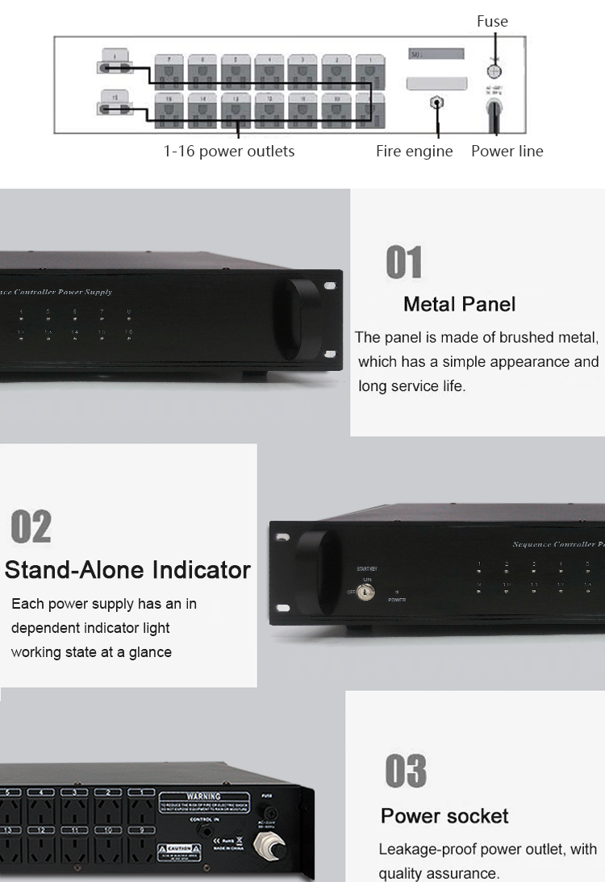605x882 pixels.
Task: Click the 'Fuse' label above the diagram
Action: pos(492,22)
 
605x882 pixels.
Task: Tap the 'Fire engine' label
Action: pos(414,151)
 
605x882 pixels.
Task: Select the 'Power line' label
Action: pos(507,151)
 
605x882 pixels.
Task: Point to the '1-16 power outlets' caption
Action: pos(229,151)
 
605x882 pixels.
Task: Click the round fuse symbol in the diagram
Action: pos(495,71)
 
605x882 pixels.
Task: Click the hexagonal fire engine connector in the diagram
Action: pos(437,103)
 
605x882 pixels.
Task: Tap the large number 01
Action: pos(404,264)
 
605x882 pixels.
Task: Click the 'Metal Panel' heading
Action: pos(459,304)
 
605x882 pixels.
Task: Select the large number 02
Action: pos(31,526)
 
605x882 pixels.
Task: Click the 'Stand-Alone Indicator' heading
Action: pos(127,570)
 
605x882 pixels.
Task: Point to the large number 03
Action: pos(405,771)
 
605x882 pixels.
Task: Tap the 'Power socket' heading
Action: pos(444,816)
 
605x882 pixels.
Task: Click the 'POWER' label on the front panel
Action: pos(396,600)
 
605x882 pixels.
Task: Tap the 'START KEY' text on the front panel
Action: pos(366,569)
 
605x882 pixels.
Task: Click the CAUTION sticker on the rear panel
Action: pos(179,849)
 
